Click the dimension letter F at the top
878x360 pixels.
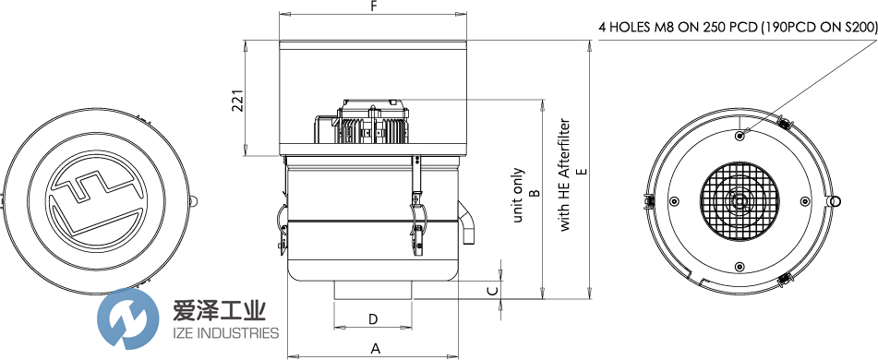click(373, 6)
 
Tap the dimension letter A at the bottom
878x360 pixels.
click(374, 348)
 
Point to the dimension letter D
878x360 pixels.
click(373, 319)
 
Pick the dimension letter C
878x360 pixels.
click(492, 290)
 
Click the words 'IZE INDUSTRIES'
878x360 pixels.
click(225, 332)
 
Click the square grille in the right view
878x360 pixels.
click(740, 201)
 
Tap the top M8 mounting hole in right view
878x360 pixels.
click(740, 136)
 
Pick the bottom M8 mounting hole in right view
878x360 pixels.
click(740, 267)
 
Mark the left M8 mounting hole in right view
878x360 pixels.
click(674, 201)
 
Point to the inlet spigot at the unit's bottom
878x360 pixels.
click(373, 291)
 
